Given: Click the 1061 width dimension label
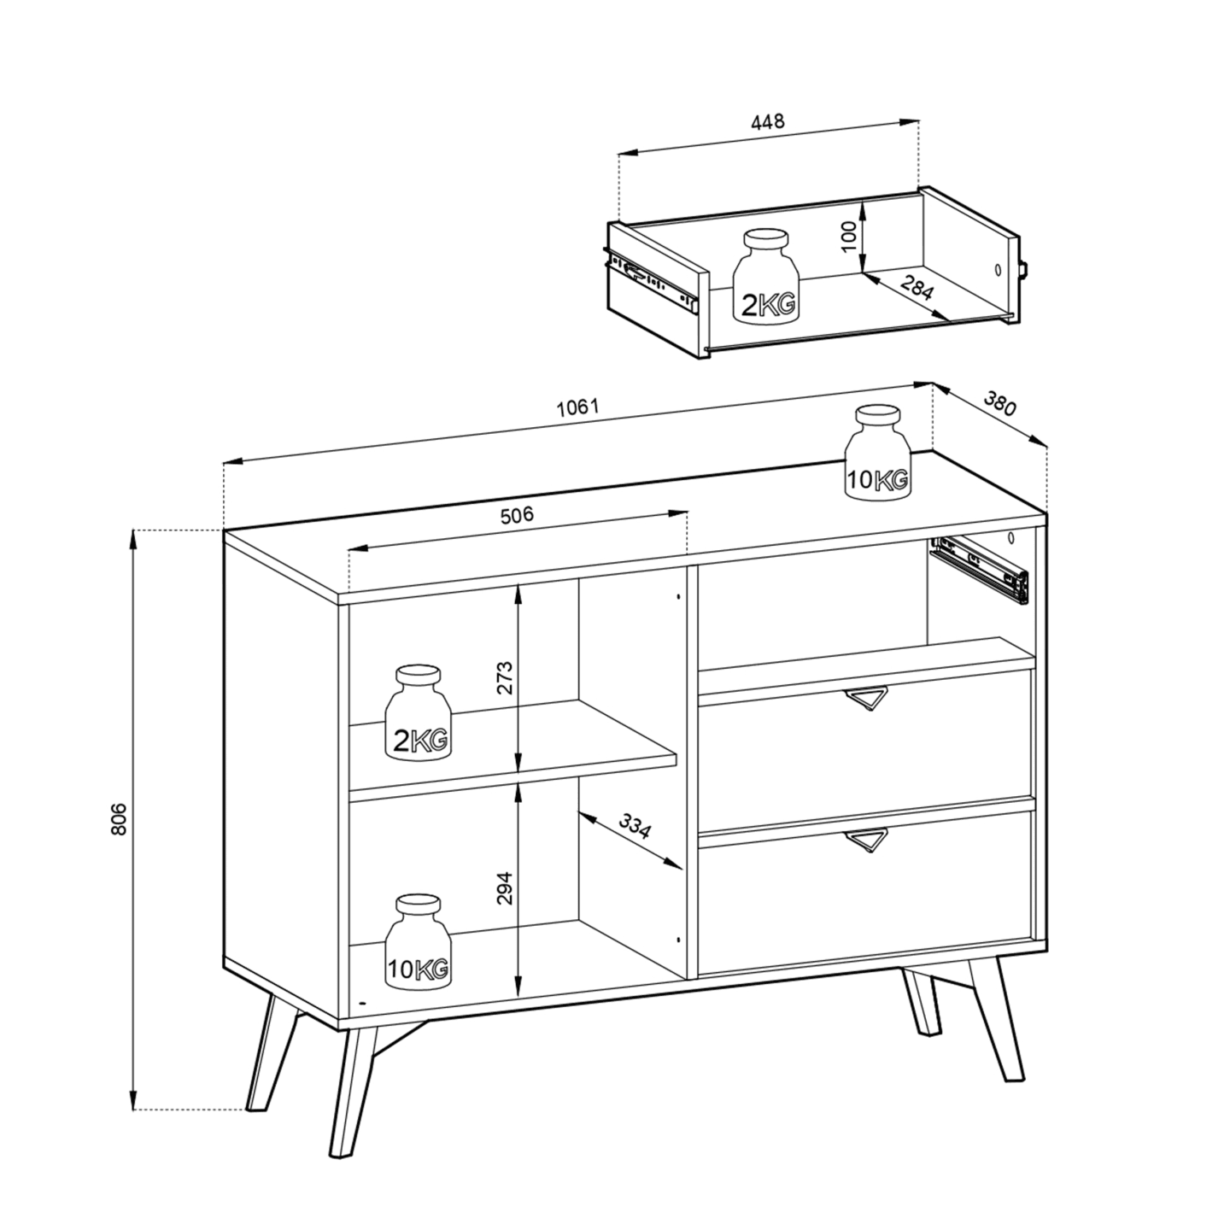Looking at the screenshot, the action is coord(577,407).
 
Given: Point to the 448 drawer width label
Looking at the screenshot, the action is coord(767,121).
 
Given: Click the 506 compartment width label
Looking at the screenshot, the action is coord(517,515).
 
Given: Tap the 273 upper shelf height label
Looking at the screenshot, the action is coord(505,678).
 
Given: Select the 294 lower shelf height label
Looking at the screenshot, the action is coord(505,887).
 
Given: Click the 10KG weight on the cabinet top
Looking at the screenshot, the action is coord(877,453).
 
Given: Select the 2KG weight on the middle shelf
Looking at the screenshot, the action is coord(418,713).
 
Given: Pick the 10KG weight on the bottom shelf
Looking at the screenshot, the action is coord(418,942).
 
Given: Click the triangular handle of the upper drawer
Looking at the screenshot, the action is coord(866,697).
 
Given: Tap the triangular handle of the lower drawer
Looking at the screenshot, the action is coord(866,840).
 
